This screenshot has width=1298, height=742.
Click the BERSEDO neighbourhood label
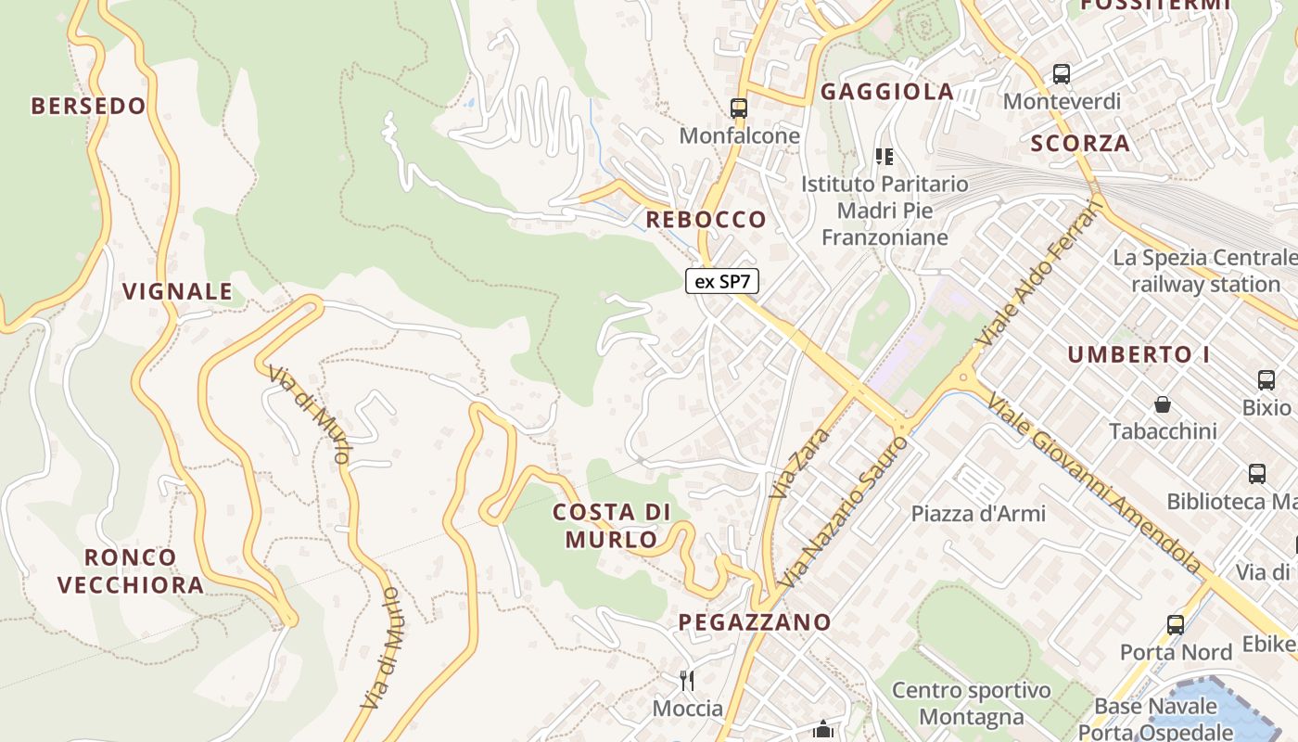(x=89, y=106)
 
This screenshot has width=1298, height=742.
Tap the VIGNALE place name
(x=178, y=291)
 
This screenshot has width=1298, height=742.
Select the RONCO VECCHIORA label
(x=131, y=570)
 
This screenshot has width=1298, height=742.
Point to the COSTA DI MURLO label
(x=612, y=525)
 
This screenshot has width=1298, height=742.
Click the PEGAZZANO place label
(x=755, y=621)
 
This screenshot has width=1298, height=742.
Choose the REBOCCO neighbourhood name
(x=706, y=220)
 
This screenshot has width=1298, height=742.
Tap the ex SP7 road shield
(x=722, y=281)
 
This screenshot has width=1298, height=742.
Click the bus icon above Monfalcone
(x=739, y=108)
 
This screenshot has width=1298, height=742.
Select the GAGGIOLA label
(x=887, y=91)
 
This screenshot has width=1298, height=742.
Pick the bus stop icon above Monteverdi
(x=1062, y=73)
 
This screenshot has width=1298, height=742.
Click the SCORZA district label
(x=1080, y=143)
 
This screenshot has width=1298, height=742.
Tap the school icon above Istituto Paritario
(x=884, y=156)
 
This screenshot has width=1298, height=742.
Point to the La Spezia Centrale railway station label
(x=1204, y=270)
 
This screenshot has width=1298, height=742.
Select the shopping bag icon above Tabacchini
(x=1162, y=404)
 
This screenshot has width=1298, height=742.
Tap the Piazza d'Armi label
(x=978, y=513)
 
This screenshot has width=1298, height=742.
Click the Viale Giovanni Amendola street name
(x=1094, y=482)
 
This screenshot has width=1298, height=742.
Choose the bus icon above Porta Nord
(x=1176, y=625)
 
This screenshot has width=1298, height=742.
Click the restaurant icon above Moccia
(x=687, y=681)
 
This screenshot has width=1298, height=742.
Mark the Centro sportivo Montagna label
(x=972, y=703)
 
